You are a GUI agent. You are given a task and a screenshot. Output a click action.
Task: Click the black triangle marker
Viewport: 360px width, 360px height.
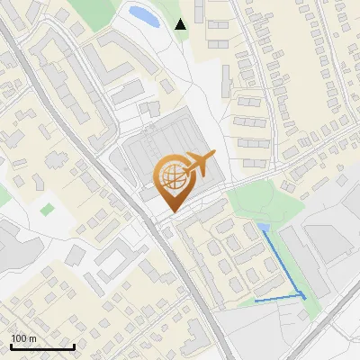(x=180, y=24)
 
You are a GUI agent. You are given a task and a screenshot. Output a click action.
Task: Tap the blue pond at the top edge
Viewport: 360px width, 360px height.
(x=143, y=14)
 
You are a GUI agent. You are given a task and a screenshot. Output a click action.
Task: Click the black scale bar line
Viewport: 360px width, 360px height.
(x=42, y=346)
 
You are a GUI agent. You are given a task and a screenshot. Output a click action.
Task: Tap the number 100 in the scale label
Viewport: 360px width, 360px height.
(x=19, y=338)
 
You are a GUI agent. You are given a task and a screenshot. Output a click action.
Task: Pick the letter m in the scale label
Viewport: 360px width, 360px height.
(x=32, y=338)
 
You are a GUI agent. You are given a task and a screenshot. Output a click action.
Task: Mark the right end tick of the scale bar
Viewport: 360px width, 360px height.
(x=74, y=345)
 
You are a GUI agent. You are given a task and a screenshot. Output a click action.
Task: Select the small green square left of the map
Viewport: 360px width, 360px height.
(x=47, y=209)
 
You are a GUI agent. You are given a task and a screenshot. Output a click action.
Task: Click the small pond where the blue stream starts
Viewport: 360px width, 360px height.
(x=263, y=227)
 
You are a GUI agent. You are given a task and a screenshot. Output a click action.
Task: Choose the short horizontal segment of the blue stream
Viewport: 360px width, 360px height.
(x=277, y=298)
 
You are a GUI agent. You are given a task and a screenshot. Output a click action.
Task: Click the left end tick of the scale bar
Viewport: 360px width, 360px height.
(x=11, y=345)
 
